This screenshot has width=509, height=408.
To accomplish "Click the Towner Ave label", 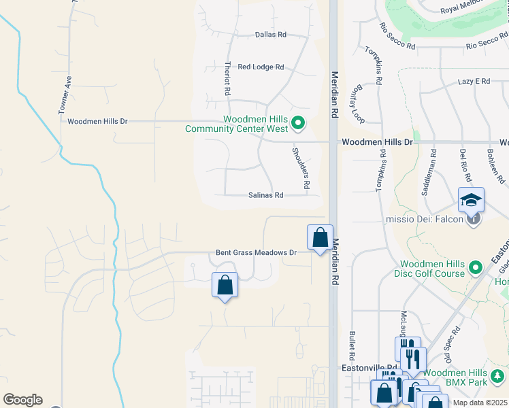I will (65, 94).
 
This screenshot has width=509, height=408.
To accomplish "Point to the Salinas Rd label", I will (265, 195).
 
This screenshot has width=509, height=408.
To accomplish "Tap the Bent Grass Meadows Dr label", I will (257, 253).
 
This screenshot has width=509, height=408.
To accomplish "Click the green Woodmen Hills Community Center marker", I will (297, 123).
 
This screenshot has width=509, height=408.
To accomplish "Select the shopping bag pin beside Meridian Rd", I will (320, 238).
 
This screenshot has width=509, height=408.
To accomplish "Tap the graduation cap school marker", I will (470, 200).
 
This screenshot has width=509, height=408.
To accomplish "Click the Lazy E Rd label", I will (474, 82).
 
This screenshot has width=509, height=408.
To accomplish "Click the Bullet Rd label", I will (352, 345).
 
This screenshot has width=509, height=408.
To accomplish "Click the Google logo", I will (22, 400).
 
